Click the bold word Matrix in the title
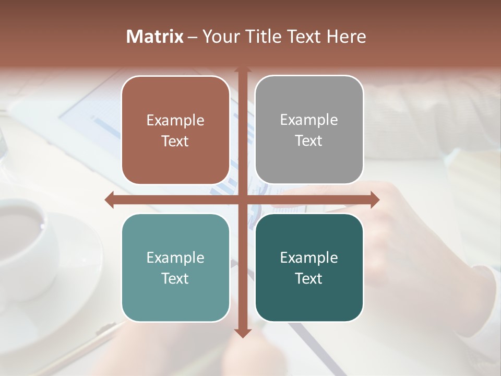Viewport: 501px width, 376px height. point(155,37)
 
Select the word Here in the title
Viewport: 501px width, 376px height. point(346,37)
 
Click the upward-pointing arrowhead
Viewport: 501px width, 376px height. point(242,70)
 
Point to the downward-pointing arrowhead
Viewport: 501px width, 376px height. point(242,333)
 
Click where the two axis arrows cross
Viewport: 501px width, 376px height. point(242,199)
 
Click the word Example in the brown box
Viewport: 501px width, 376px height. point(175,121)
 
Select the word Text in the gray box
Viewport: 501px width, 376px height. point(309,141)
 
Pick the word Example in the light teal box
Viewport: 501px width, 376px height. point(175,258)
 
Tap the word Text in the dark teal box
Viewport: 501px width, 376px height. point(309,279)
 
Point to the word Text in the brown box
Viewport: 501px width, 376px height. point(175,142)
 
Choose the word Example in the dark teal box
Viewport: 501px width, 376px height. point(309,258)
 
